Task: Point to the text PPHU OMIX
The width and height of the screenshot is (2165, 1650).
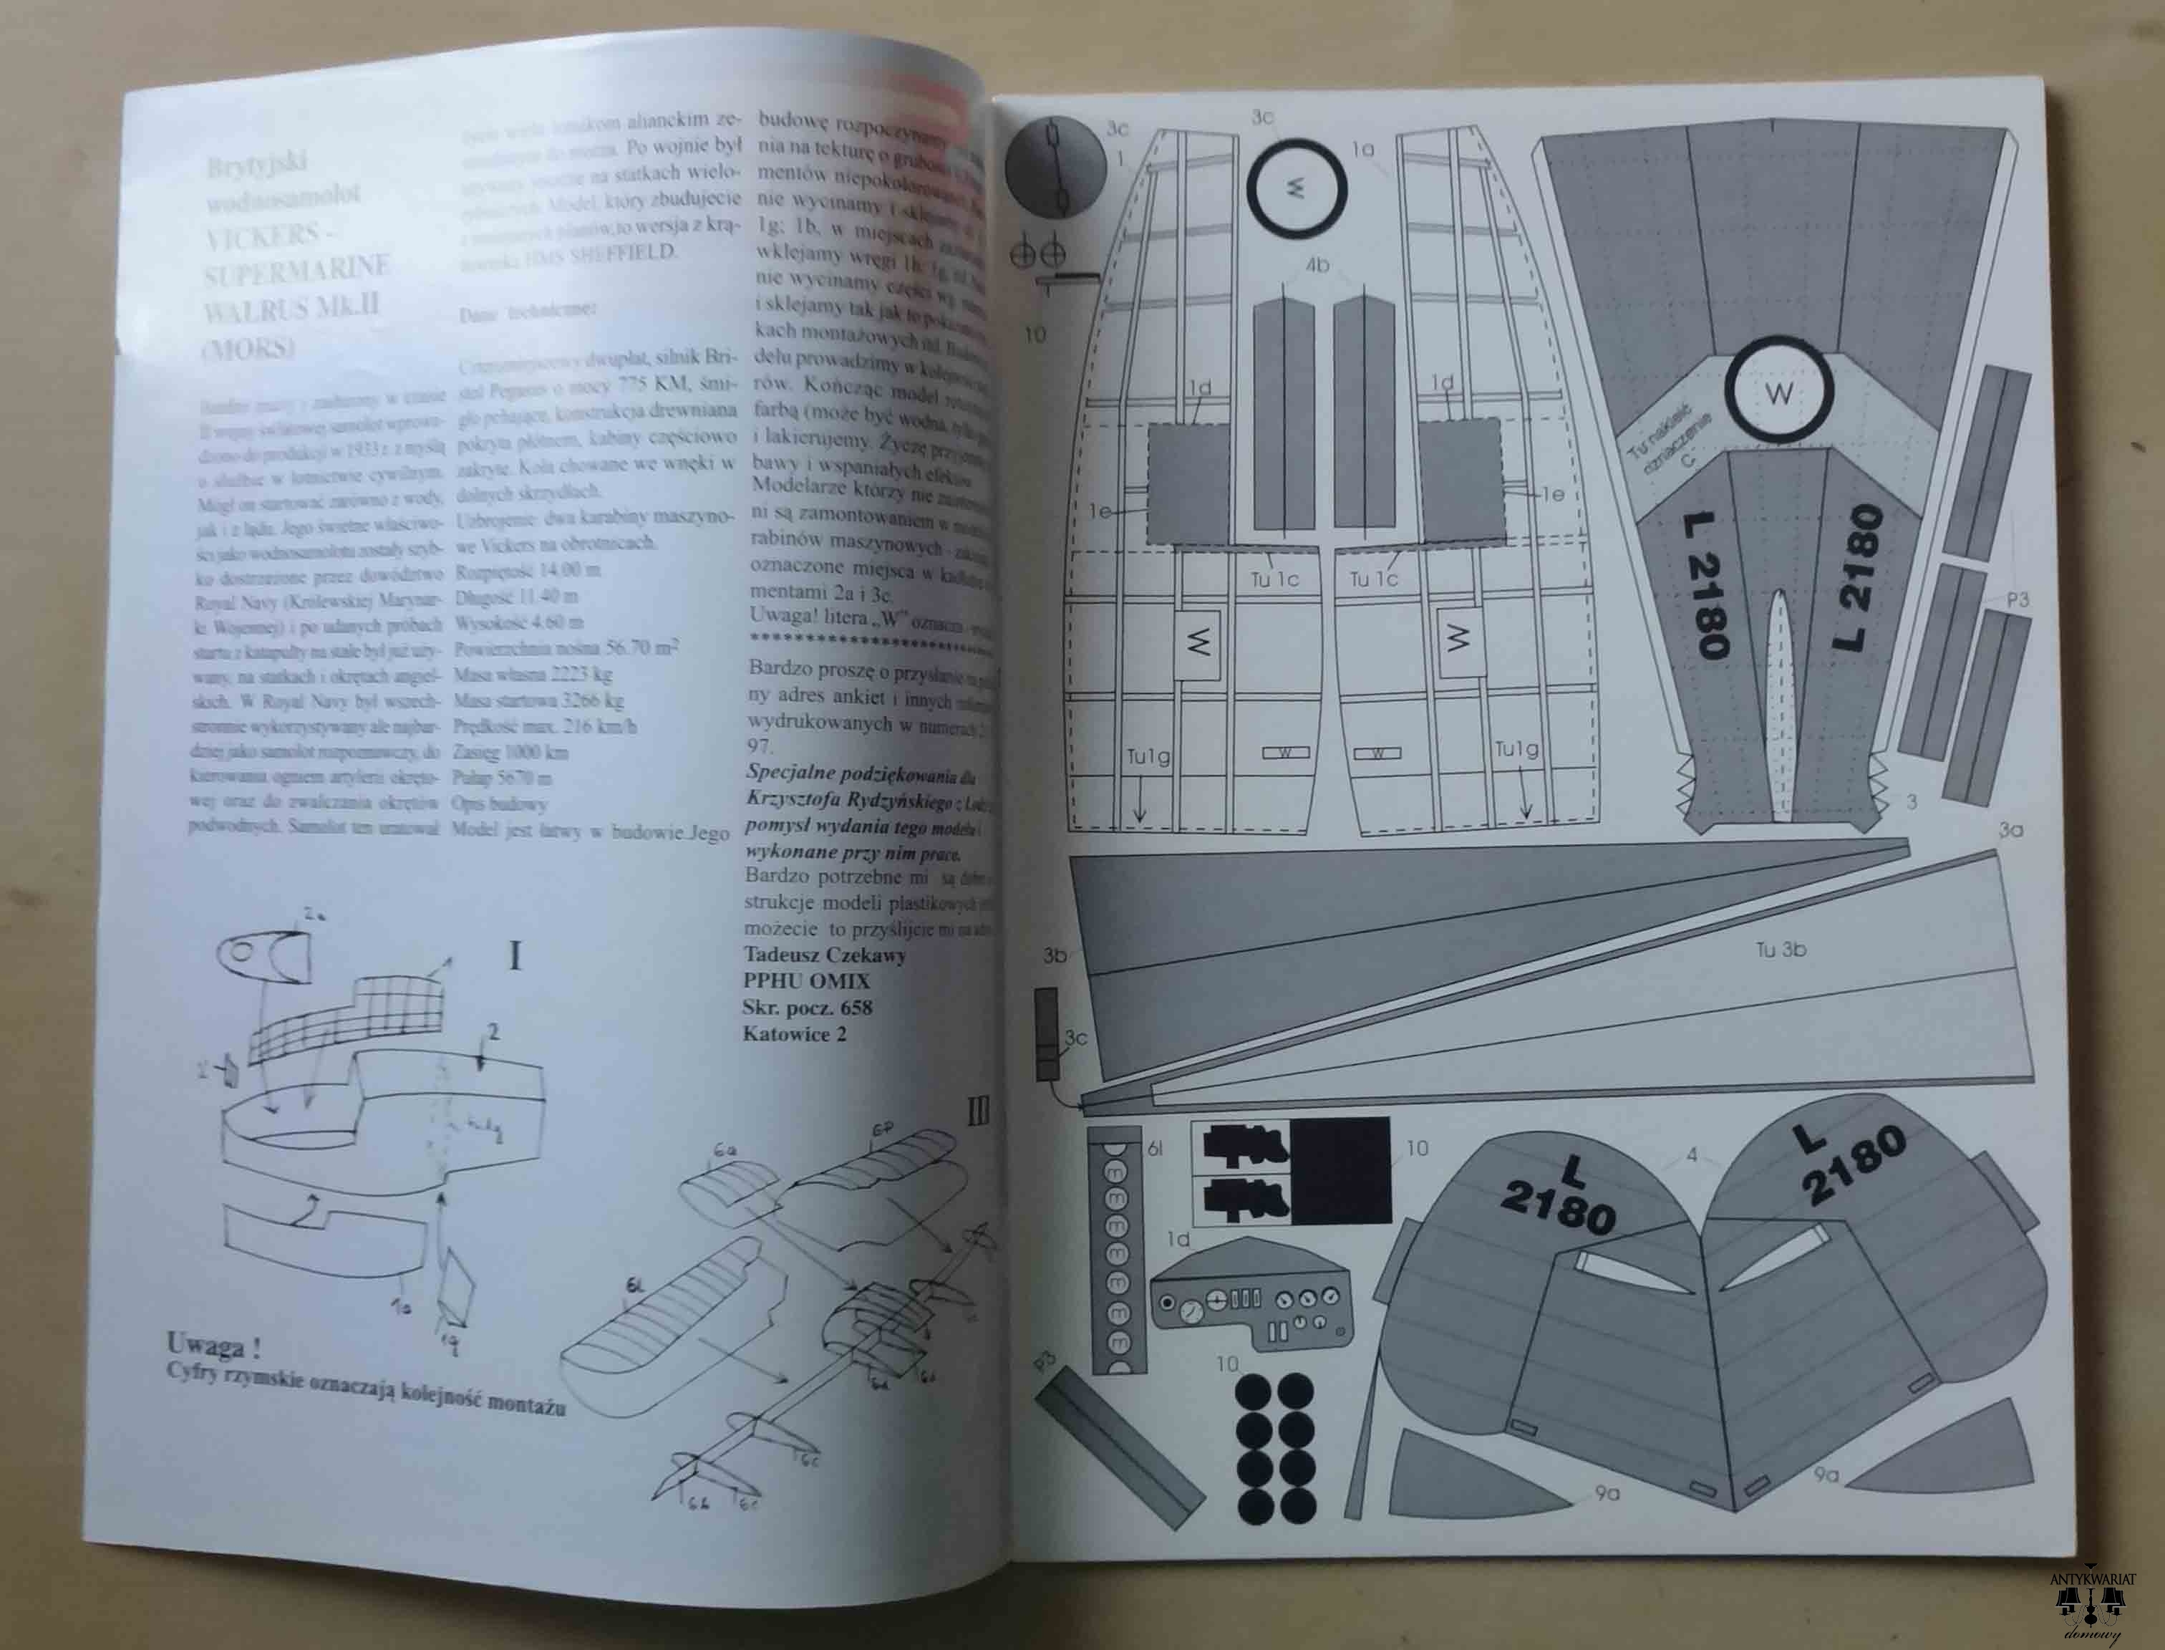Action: (x=806, y=980)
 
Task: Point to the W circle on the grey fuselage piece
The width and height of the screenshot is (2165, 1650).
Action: (x=1779, y=395)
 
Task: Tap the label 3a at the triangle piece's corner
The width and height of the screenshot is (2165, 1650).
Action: (x=2011, y=830)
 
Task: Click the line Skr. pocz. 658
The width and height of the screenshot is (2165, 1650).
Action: (x=807, y=1007)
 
